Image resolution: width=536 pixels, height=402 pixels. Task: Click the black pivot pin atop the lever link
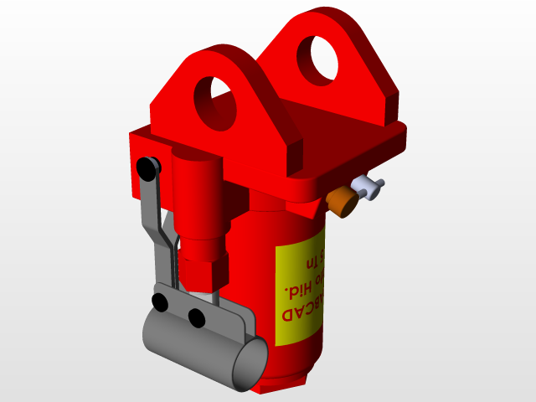[149, 167]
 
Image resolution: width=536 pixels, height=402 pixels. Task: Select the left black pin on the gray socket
[161, 301]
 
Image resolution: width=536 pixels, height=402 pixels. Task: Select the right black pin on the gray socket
[196, 317]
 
